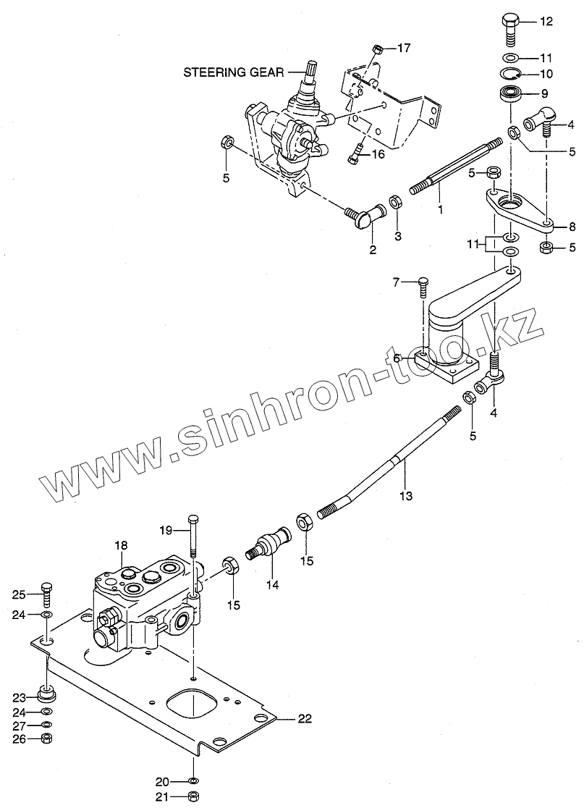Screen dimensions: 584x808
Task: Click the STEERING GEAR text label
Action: coord(233,72)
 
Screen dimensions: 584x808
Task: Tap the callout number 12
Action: coord(546,22)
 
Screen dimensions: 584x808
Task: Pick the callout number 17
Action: coord(403,49)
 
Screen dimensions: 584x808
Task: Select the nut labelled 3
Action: coord(397,200)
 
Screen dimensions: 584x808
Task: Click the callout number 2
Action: coord(373,250)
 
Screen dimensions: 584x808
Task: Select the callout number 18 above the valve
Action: coord(120,544)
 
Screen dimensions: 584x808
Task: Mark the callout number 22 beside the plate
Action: coord(305,718)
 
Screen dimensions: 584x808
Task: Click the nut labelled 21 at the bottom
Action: coord(193,797)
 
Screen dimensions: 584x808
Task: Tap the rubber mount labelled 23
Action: coord(48,696)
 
